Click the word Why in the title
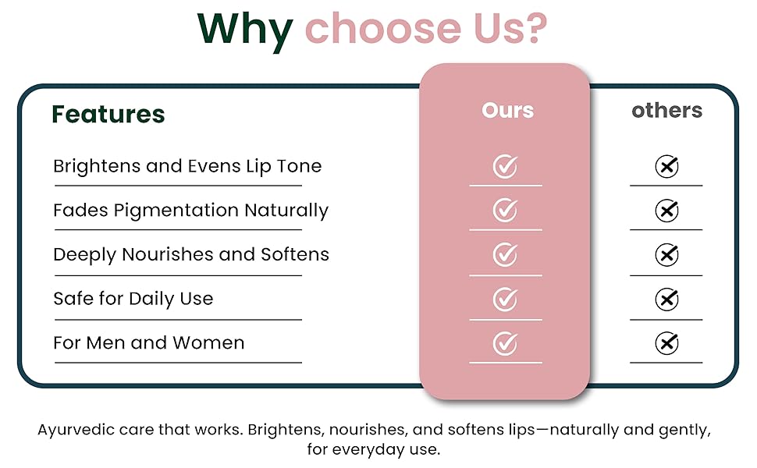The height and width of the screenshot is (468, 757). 244,29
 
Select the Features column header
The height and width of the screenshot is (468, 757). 108,114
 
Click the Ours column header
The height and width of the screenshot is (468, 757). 507,111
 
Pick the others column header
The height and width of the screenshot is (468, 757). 666,111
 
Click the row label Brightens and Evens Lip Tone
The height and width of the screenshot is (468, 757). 187,166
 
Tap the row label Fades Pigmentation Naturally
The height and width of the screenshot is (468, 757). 190,210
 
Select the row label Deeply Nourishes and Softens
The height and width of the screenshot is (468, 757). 191,254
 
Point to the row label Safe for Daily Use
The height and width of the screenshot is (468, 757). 133,299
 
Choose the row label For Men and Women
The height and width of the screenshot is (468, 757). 148,342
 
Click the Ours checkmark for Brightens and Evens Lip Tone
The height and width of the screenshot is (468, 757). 505,166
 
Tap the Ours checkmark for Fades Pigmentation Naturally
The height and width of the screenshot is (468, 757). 505,210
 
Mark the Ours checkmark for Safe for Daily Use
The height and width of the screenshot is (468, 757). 505,299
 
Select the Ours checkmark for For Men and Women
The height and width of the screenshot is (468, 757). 505,342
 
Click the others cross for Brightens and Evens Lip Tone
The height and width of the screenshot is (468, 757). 666,166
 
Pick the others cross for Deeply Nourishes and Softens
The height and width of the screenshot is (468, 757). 666,254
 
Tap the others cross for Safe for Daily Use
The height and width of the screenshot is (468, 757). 666,299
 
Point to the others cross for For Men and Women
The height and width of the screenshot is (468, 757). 666,342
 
